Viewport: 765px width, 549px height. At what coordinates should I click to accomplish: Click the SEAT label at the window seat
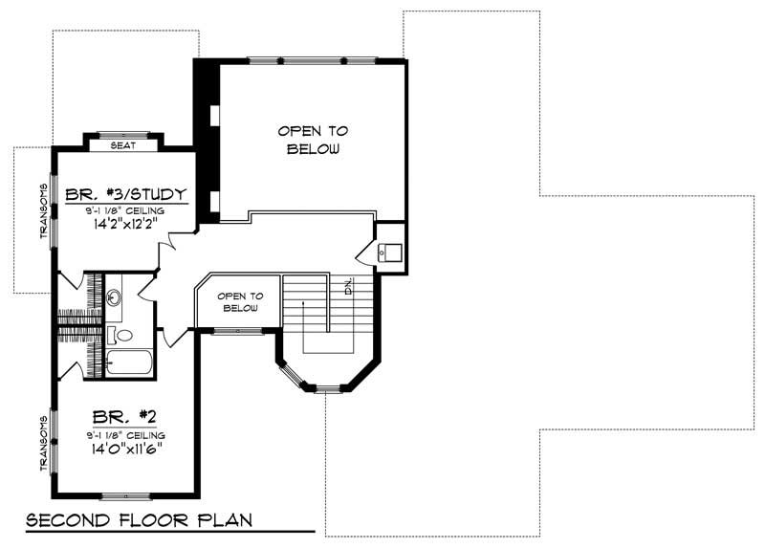[123, 145]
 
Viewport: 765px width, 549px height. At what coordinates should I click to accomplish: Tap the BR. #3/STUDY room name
[125, 197]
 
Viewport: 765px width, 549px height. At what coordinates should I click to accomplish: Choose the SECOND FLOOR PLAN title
[139, 521]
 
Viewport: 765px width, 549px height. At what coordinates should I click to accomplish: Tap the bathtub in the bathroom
[129, 364]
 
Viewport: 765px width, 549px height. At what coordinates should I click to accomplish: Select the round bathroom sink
[114, 296]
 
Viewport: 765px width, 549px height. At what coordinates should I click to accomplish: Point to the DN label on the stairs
[349, 286]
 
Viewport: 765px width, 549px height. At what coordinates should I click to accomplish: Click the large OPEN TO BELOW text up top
[313, 140]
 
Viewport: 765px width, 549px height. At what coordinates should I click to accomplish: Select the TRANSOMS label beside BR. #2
[44, 442]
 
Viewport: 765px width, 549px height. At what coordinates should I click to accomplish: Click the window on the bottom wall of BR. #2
[125, 495]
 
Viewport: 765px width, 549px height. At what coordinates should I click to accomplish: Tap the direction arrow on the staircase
[304, 316]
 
